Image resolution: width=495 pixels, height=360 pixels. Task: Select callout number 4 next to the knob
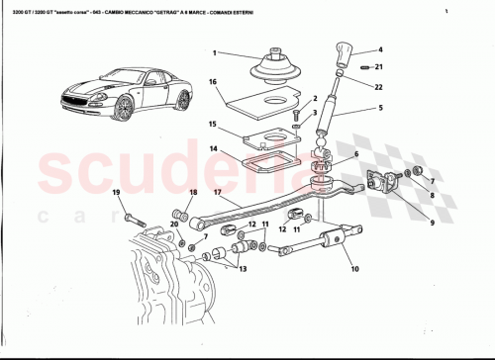[x=380, y=49]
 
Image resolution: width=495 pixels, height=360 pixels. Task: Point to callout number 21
[x=380, y=66]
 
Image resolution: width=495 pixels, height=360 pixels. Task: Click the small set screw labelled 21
[x=365, y=66]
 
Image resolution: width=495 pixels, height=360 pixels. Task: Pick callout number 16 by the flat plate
[x=213, y=82]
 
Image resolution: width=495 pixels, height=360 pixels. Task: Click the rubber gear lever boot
[x=273, y=66]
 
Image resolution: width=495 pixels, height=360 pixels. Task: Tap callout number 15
[x=213, y=125]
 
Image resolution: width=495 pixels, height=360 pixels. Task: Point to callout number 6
[x=354, y=155]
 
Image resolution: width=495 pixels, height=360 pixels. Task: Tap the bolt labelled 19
[x=131, y=213]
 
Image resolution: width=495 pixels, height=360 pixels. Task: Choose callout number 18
[x=193, y=193]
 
